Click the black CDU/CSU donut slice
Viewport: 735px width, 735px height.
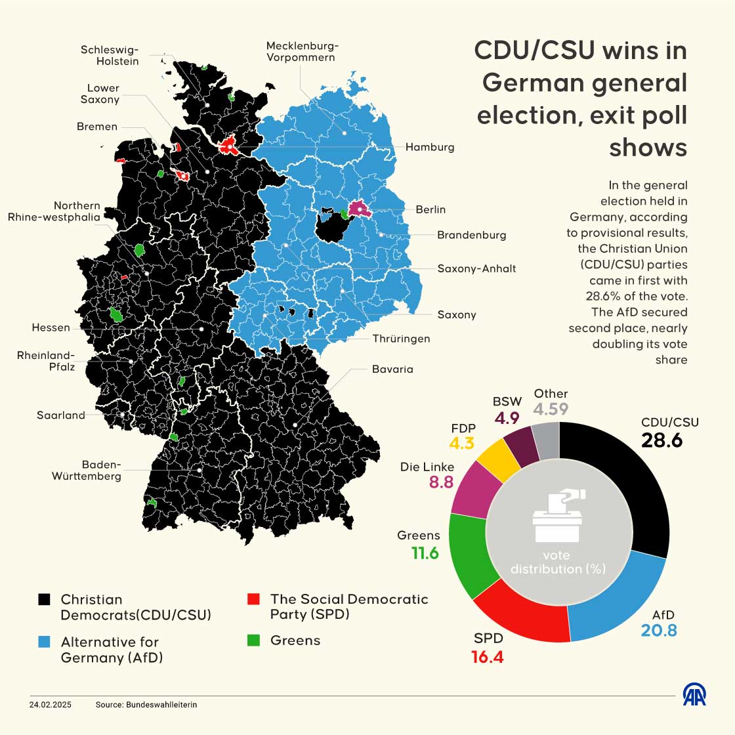click(x=630, y=486)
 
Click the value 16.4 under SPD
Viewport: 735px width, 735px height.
click(x=487, y=656)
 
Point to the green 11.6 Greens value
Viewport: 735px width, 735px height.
click(x=425, y=553)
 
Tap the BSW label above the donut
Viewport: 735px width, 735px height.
click(x=507, y=402)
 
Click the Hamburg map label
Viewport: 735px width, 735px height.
click(x=429, y=147)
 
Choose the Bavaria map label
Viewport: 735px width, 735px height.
click(x=392, y=369)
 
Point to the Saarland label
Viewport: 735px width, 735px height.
click(x=61, y=415)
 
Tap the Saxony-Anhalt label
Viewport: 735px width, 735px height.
click(x=476, y=268)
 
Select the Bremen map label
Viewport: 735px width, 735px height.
click(x=97, y=127)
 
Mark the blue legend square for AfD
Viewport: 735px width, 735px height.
click(x=44, y=642)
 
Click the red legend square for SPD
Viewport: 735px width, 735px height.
click(x=253, y=599)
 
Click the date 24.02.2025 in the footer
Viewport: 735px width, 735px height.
click(x=51, y=704)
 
